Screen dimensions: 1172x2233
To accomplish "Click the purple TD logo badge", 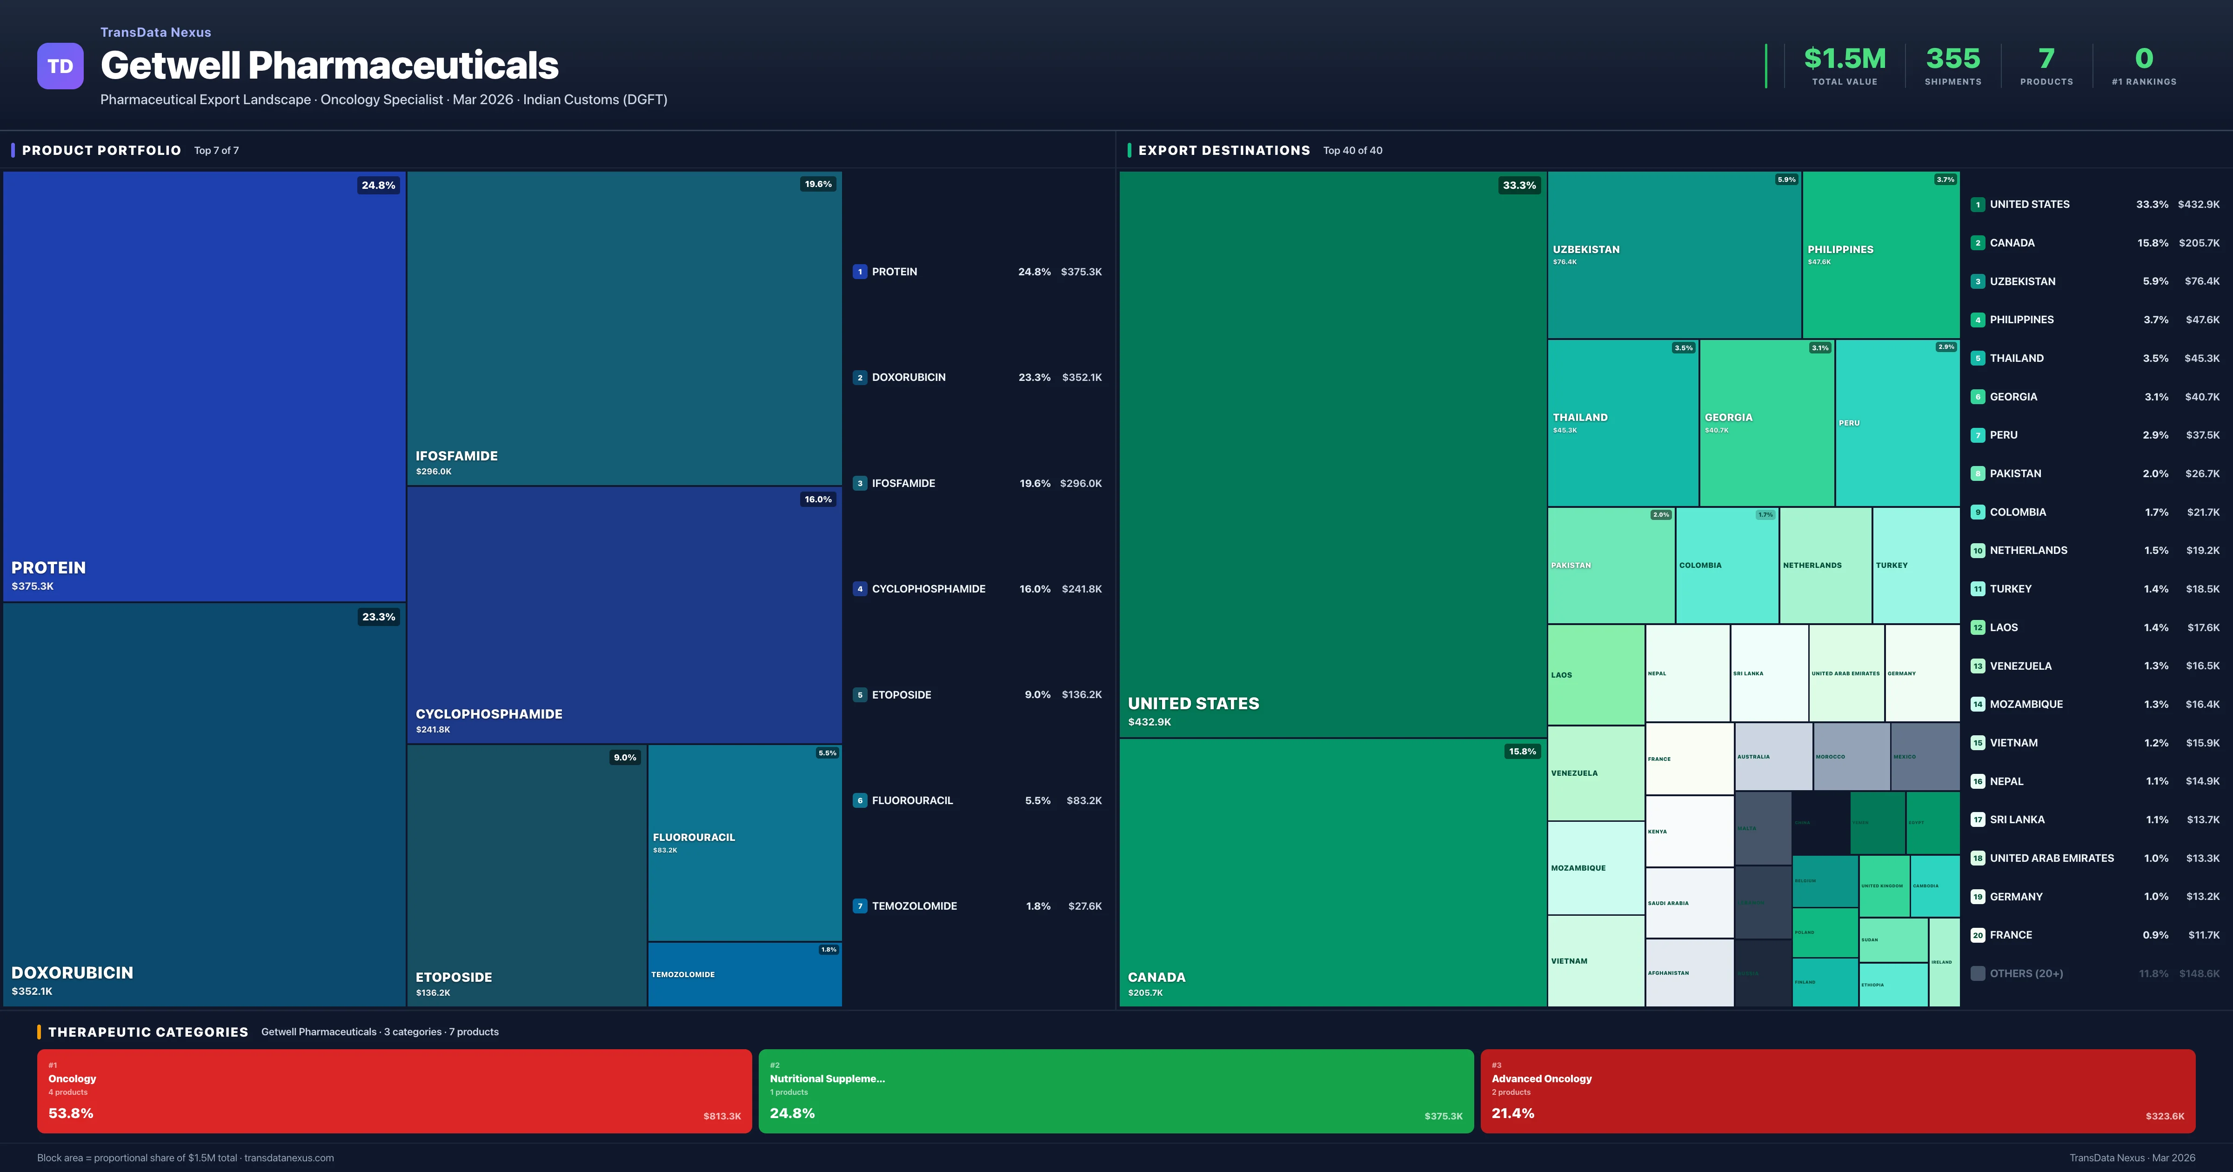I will [60, 66].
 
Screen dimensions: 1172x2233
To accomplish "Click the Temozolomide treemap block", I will [745, 974].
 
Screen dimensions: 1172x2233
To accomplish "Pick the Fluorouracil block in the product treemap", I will [745, 843].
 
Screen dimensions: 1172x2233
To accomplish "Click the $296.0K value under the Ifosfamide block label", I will [434, 472].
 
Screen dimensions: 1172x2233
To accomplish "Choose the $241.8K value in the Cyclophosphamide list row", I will [1081, 589].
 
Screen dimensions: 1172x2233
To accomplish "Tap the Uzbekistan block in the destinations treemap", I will [1674, 254].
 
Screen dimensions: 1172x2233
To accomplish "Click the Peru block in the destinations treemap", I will [1897, 423].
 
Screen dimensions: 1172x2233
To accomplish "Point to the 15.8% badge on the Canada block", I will [1522, 752].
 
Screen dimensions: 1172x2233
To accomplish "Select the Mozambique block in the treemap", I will [1595, 868].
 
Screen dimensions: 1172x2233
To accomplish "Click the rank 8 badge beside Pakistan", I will [1977, 473].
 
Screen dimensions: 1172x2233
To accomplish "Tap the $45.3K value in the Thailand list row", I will [2202, 358].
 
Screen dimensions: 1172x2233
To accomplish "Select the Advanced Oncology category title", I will [1541, 1079].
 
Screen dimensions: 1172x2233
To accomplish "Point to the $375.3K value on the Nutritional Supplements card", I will [1443, 1117].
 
